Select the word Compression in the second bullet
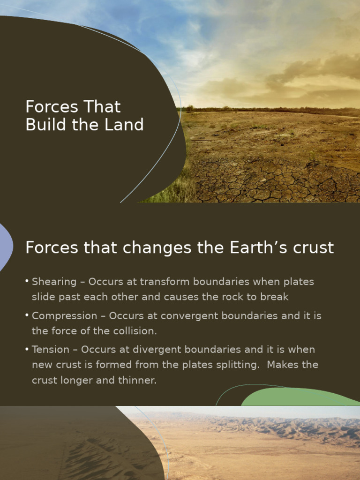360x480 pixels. pos(65,316)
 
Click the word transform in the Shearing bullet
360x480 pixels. pos(162,282)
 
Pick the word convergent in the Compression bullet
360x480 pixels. pos(187,316)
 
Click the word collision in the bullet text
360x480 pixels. pos(135,331)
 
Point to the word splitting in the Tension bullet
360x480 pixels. pos(237,365)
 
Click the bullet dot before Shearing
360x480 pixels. pos(27,281)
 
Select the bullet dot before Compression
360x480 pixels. pos(27,315)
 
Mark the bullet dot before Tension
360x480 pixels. pos(27,349)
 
